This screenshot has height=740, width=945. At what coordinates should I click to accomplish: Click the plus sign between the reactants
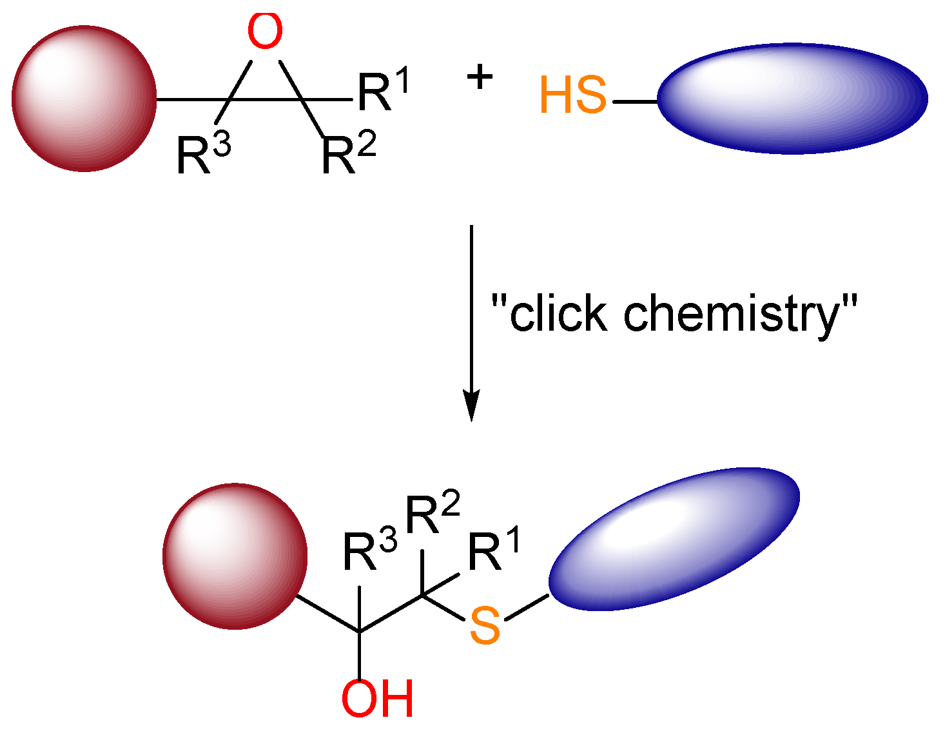(x=480, y=79)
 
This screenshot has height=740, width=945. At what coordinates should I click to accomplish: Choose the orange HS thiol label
(x=573, y=96)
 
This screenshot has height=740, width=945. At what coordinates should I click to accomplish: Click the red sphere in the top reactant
(x=84, y=99)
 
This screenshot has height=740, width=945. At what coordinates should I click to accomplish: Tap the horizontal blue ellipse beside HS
(x=792, y=99)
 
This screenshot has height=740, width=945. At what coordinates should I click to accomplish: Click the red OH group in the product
(x=377, y=699)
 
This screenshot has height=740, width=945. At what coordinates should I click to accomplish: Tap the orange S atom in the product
(x=485, y=625)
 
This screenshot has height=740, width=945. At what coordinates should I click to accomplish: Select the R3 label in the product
(x=369, y=552)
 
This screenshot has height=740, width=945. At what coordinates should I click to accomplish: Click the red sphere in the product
(x=235, y=556)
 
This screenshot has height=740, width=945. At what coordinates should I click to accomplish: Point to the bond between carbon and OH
(x=359, y=654)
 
